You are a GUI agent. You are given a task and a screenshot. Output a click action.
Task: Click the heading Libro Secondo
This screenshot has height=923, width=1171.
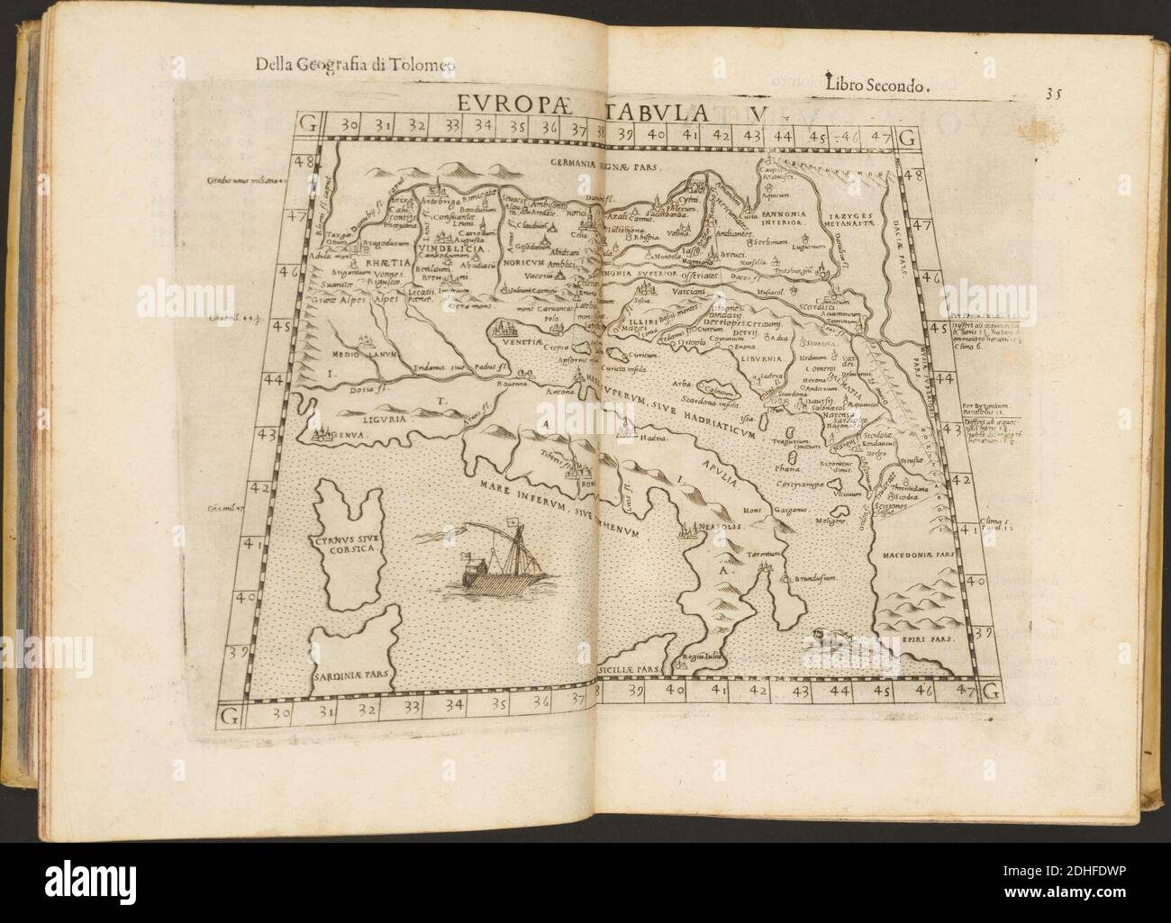[876, 85]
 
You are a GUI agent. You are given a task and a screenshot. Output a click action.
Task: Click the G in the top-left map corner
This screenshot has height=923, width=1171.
[308, 125]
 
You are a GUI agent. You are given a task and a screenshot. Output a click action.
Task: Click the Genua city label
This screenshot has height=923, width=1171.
[349, 436]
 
